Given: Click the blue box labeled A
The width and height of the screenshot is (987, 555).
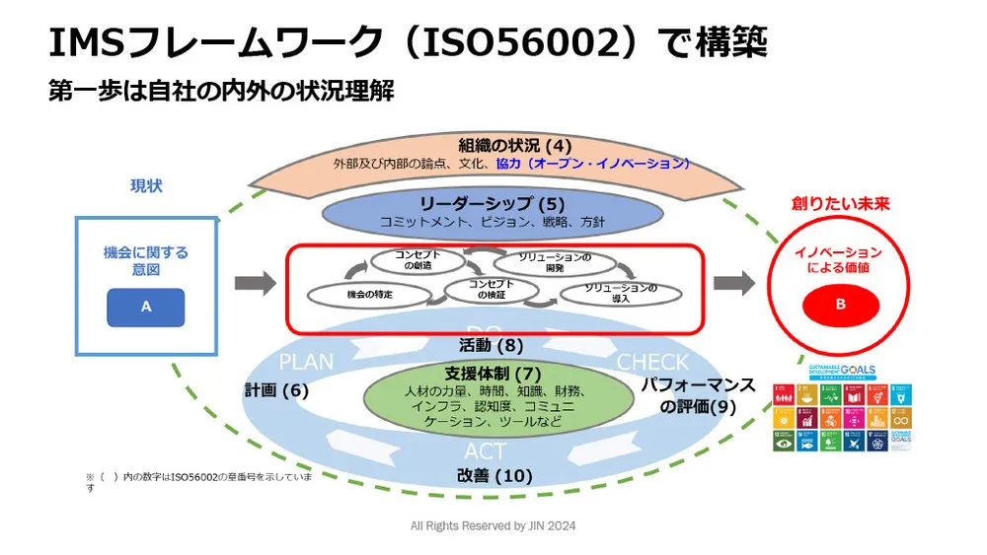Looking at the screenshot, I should click(x=146, y=307).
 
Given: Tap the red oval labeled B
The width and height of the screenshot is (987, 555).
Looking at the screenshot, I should click(x=840, y=305).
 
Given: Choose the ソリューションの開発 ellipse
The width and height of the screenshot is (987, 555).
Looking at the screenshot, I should click(x=555, y=262).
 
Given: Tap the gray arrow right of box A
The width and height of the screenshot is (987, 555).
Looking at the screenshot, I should click(x=255, y=284).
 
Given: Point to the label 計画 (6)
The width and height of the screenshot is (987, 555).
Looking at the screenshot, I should click(x=277, y=390).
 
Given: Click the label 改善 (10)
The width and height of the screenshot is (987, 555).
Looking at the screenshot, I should click(x=494, y=475).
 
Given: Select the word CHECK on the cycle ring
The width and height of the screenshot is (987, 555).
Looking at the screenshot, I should click(x=652, y=363).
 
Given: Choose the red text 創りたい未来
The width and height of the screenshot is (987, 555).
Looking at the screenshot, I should click(x=840, y=204).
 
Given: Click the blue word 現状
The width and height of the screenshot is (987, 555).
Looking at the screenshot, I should click(x=146, y=185).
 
